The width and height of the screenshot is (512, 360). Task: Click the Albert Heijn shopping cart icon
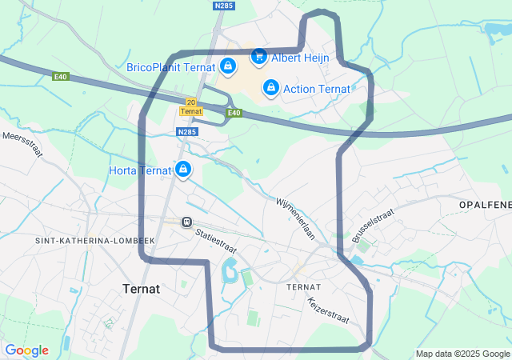tap(258, 56)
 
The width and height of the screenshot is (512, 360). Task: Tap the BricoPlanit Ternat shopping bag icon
tap(228, 66)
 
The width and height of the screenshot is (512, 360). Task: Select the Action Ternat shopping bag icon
tap(271, 86)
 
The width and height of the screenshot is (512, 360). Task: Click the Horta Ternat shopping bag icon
tap(183, 169)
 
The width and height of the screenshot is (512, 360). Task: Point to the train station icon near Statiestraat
tap(186, 222)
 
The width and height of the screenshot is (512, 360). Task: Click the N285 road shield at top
tap(223, 6)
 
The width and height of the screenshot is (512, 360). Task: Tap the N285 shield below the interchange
tap(186, 132)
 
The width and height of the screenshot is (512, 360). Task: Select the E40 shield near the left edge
tap(61, 77)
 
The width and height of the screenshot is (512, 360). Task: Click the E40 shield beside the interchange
tap(234, 113)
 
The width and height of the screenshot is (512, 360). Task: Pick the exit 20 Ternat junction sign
tap(190, 106)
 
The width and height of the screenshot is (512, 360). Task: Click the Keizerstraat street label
tap(328, 310)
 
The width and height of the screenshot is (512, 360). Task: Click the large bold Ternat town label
tap(141, 288)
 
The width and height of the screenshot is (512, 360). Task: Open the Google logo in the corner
tap(26, 350)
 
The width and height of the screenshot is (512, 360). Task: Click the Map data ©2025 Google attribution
tap(462, 354)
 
